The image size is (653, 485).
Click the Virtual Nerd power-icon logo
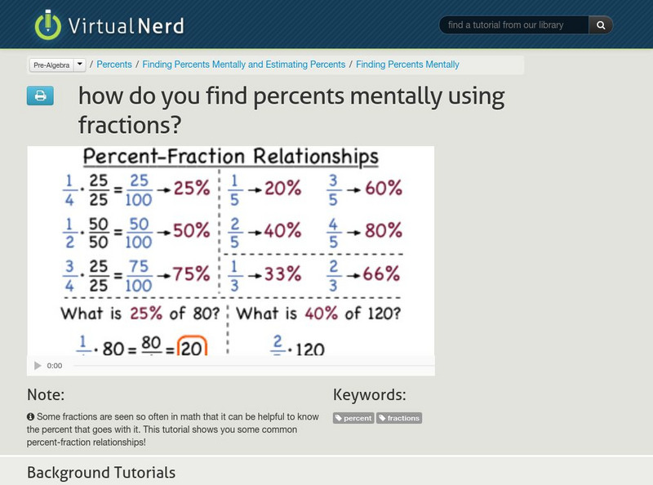(48, 24)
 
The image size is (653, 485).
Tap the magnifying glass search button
(601, 25)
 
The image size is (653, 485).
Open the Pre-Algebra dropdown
(57, 65)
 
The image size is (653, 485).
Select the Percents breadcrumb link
(114, 65)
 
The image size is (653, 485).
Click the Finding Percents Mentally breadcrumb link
(407, 65)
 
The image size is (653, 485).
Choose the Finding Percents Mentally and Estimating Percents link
(244, 65)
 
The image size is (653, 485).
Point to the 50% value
(191, 231)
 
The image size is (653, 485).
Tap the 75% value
(191, 274)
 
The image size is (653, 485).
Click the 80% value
(384, 231)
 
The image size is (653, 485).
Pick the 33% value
(282, 274)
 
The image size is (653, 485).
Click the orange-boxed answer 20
(191, 346)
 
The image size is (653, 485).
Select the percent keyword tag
(353, 418)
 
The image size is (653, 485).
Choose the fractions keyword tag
(399, 418)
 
